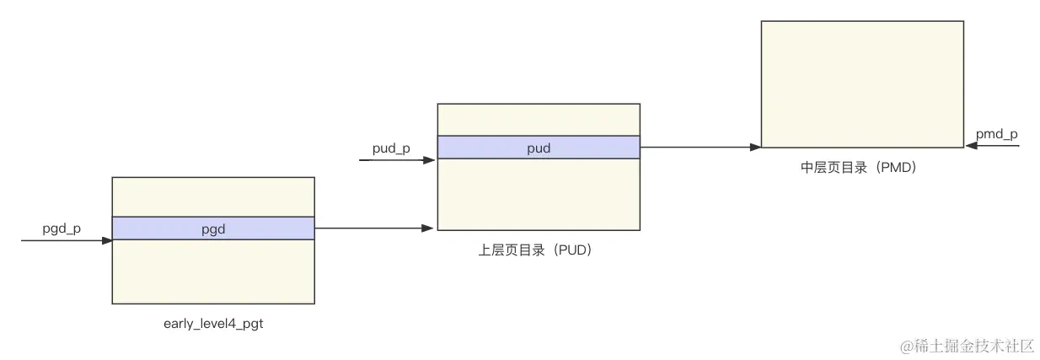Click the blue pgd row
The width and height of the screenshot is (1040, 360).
(212, 228)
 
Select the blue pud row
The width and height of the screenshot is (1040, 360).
(538, 148)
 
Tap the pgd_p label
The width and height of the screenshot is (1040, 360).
(62, 228)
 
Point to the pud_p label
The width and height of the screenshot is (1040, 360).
(391, 148)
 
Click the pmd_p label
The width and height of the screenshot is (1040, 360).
(996, 134)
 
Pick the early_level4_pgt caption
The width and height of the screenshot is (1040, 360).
(213, 324)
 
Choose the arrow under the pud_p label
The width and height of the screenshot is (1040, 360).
(396, 159)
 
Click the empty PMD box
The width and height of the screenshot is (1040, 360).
(861, 84)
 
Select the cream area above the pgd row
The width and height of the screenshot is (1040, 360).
(212, 196)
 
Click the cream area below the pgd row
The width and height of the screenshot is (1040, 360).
(212, 271)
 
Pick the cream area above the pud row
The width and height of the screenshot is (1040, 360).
(538, 120)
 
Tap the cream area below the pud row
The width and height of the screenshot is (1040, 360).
(538, 194)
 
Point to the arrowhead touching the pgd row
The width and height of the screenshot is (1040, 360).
(107, 240)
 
